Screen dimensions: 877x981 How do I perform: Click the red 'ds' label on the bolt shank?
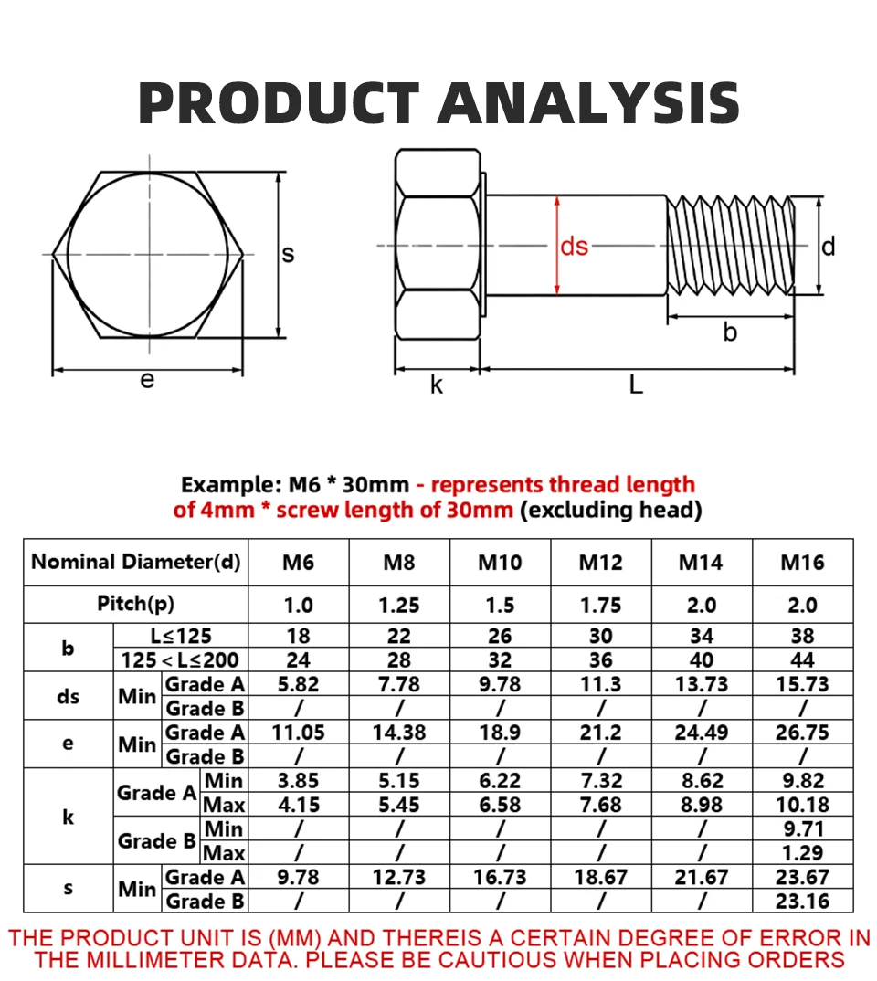click(x=575, y=246)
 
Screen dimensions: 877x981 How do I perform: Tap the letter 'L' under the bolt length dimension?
click(x=636, y=385)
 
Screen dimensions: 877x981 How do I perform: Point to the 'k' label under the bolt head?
click(x=437, y=385)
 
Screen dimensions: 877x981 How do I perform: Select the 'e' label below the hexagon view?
click(x=147, y=380)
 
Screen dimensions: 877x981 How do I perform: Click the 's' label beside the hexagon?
click(x=288, y=254)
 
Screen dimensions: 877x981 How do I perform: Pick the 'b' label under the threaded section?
click(x=730, y=332)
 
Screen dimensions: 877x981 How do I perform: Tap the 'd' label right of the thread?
click(x=829, y=247)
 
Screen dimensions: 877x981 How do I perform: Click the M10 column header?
click(x=500, y=563)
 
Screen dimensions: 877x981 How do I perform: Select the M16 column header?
click(x=803, y=563)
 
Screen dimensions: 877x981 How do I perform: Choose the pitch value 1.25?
click(x=399, y=605)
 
